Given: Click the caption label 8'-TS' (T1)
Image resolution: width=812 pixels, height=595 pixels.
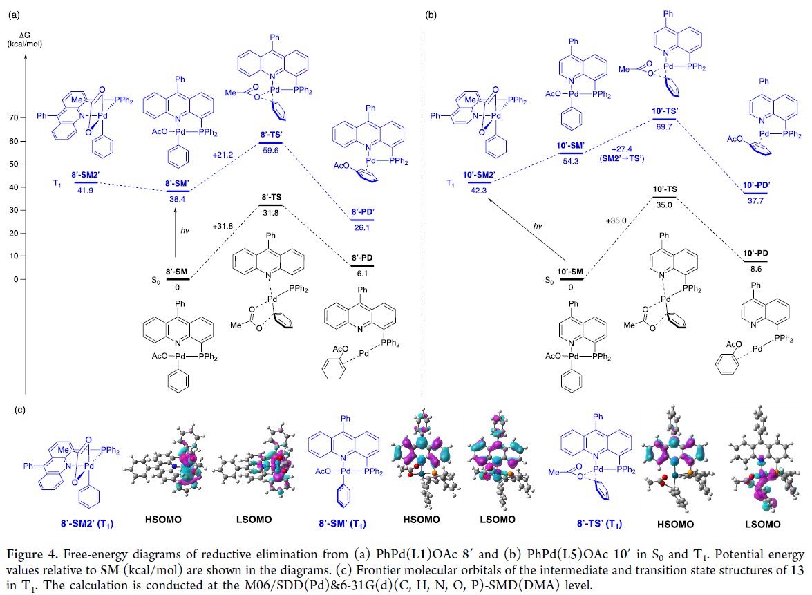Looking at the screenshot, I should point(602,524).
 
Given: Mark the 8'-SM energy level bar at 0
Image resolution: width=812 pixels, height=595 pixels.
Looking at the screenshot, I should point(178,279).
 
